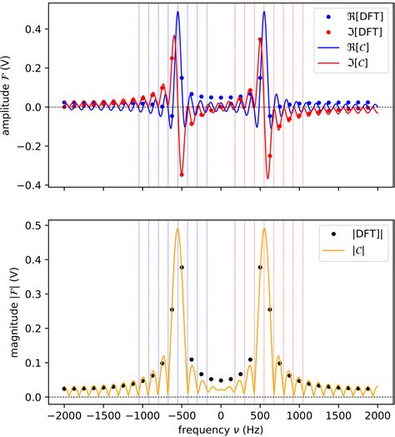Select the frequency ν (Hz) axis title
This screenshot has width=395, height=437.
[x=221, y=429]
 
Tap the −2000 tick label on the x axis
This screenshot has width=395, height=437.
[x=64, y=414]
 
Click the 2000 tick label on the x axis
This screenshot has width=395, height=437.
[x=377, y=414]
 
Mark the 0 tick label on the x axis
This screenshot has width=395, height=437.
[x=221, y=414]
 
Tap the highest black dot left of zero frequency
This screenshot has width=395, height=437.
[x=182, y=267]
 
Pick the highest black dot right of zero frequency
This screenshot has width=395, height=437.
[x=260, y=267]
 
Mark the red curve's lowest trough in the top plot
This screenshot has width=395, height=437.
[x=267, y=178]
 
